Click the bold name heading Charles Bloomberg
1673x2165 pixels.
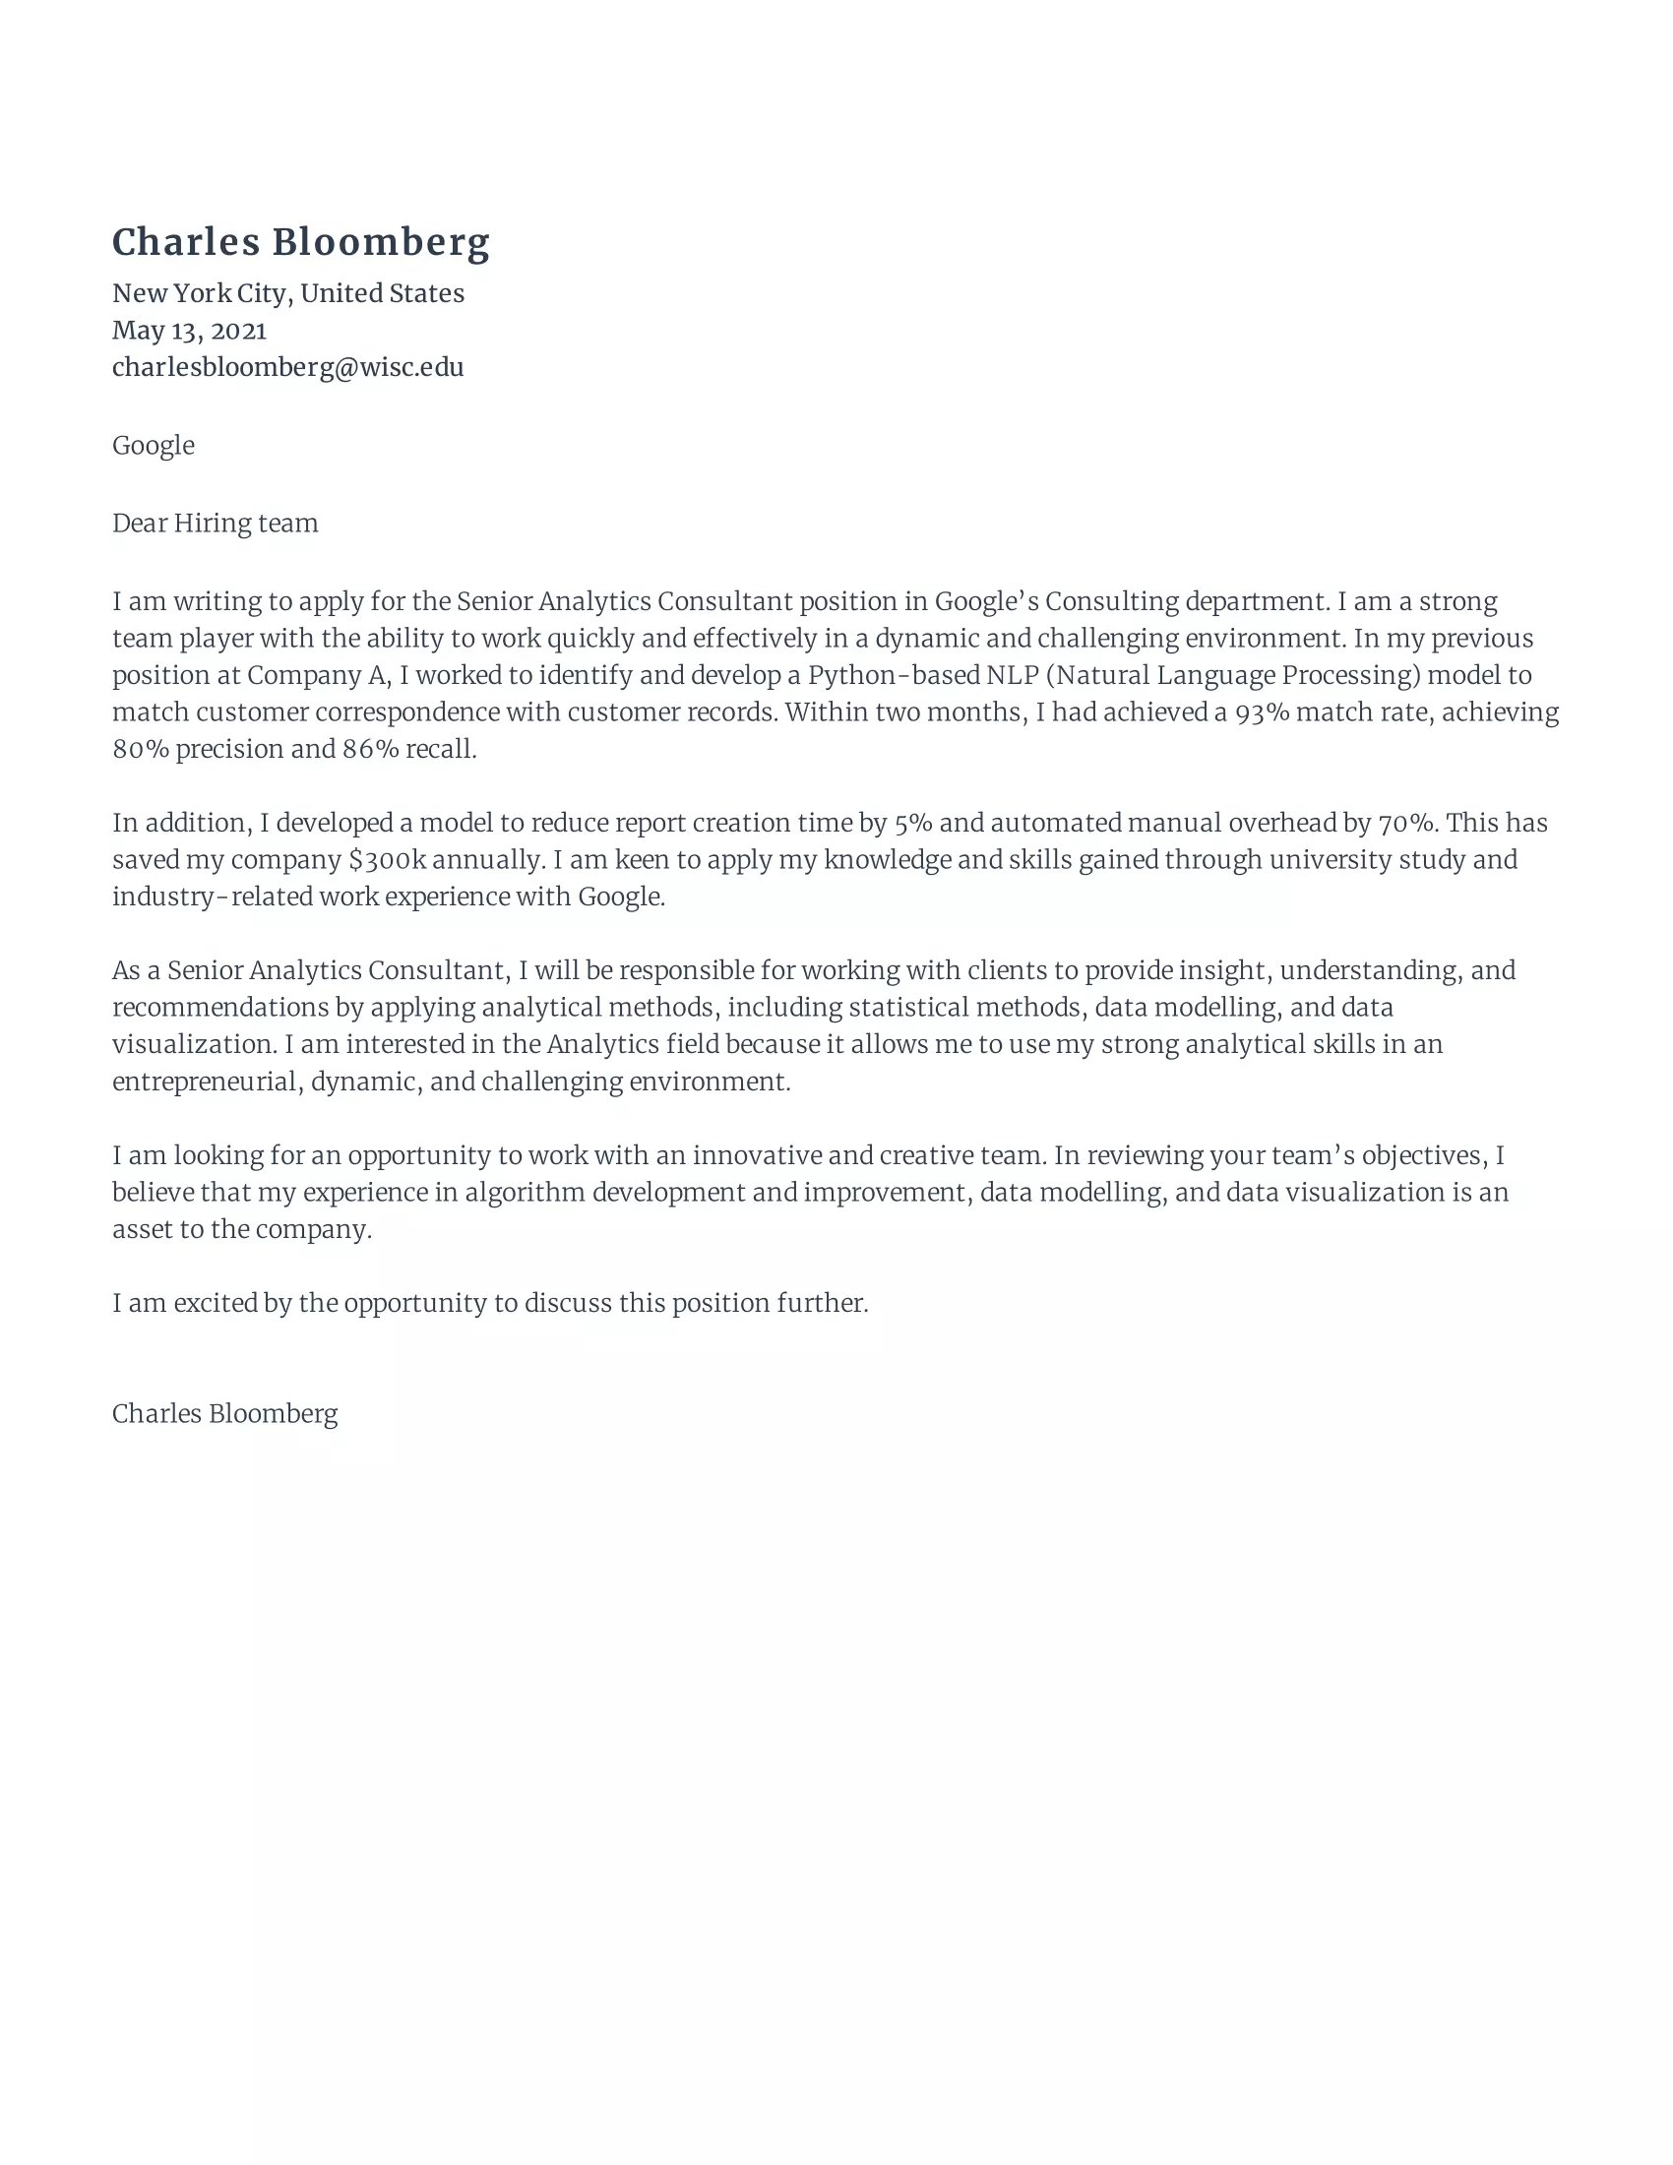point(300,242)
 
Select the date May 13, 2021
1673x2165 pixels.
point(189,330)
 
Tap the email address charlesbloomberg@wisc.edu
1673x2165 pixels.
point(287,367)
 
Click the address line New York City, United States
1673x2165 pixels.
point(287,293)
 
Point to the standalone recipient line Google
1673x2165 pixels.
point(153,445)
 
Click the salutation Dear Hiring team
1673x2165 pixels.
point(216,524)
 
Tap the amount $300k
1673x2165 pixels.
point(387,859)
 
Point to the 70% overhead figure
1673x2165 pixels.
point(1406,823)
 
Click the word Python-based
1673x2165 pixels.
point(893,675)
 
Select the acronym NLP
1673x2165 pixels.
point(1012,675)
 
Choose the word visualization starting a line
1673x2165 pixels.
point(193,1045)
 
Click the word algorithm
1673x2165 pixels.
point(525,1193)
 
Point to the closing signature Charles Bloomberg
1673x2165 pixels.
point(225,1413)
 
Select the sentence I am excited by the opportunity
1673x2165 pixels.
point(490,1303)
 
